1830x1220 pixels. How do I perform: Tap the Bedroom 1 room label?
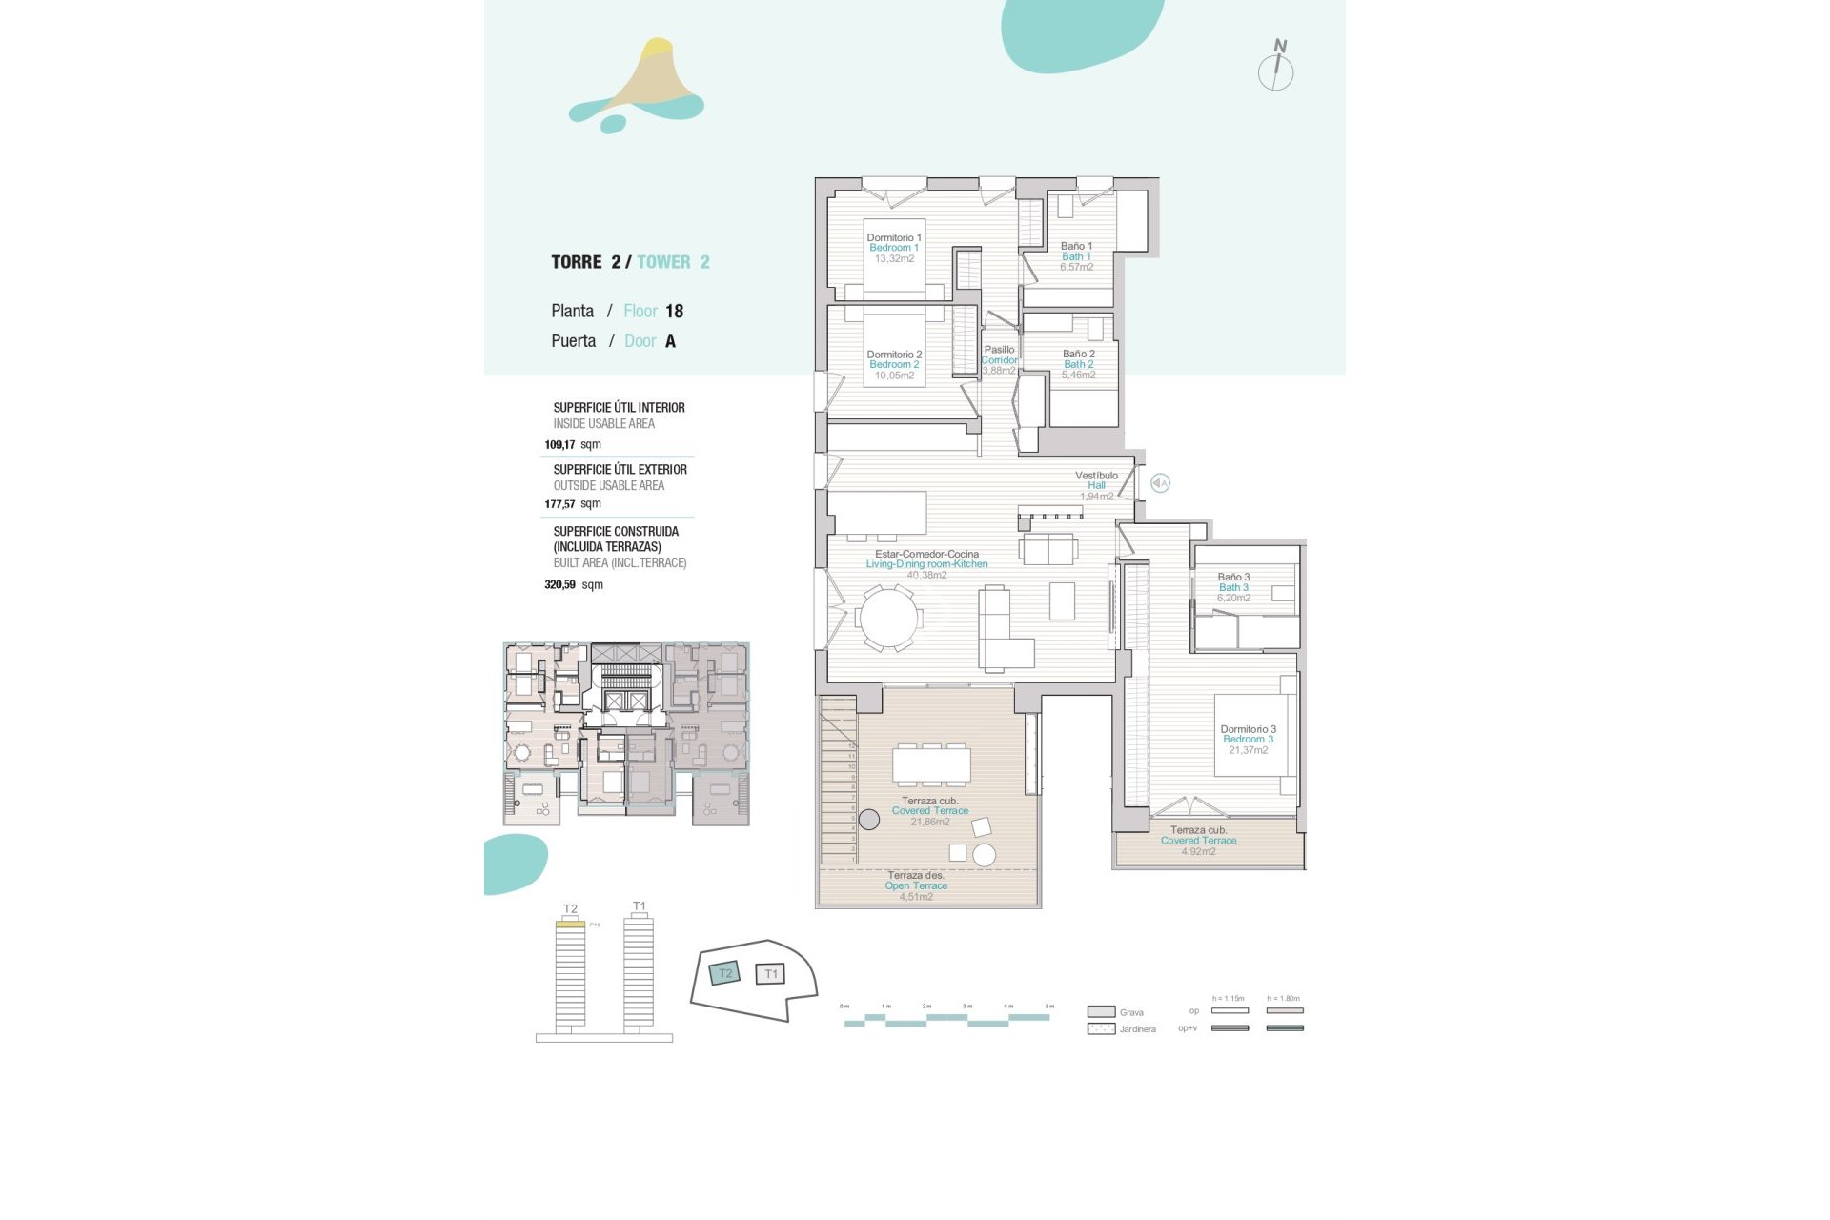[x=894, y=248]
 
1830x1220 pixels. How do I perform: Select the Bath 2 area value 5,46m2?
[x=1078, y=376]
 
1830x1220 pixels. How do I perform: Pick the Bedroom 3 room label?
[x=1248, y=740]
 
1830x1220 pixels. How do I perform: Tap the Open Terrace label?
[x=916, y=885]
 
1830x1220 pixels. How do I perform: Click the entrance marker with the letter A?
[x=1160, y=483]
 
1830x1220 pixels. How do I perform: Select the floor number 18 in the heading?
[x=674, y=312]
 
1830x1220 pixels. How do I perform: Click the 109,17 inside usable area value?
[x=559, y=445]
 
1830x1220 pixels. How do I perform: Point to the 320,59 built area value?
[x=559, y=585]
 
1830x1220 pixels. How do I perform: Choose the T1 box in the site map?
[x=770, y=974]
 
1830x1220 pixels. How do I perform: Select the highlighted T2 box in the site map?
[x=725, y=973]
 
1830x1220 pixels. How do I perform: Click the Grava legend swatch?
[x=1101, y=1012]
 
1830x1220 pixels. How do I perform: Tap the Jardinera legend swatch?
[x=1101, y=1029]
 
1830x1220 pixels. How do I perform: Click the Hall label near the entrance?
[x=1096, y=485]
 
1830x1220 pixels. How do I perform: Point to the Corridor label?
[x=999, y=360]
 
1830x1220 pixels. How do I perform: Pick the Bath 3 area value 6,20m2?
[x=1233, y=599]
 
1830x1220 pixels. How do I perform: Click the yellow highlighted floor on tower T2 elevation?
[x=570, y=924]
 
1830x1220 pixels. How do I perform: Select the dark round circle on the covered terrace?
[x=868, y=819]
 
